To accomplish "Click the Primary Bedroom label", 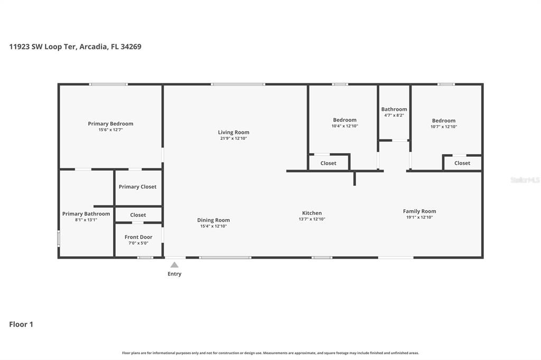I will (x=110, y=124).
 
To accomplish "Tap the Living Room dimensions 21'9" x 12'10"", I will (x=233, y=138).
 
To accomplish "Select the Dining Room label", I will (x=213, y=220).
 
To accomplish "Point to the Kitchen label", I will (x=312, y=213).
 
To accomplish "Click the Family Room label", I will (x=419, y=211).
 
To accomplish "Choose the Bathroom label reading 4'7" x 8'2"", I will (x=394, y=109).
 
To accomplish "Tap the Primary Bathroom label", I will (x=86, y=214).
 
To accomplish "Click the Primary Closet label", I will (x=137, y=186).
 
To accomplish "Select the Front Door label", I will (x=138, y=237).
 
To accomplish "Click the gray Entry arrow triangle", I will (x=174, y=264).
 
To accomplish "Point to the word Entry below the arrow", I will (x=174, y=274).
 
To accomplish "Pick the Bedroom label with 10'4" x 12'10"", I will (x=344, y=120).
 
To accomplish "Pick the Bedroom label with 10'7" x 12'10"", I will (x=443, y=120).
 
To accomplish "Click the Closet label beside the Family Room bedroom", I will (x=462, y=163).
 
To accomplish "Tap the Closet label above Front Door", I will (x=138, y=215).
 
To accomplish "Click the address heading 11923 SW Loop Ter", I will (x=75, y=46).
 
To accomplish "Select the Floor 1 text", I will (x=21, y=324).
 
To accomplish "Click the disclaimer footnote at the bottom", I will (x=270, y=353).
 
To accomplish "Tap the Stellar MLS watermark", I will (x=525, y=180).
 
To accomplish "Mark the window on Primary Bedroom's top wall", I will (x=108, y=84).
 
